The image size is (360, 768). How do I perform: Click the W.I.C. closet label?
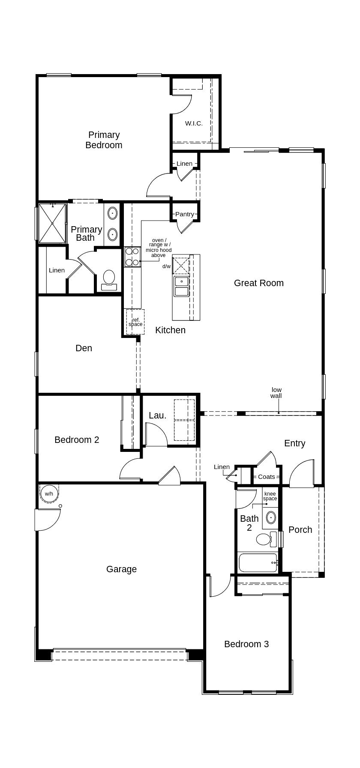[194, 123]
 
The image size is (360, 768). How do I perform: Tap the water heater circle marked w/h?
[49, 494]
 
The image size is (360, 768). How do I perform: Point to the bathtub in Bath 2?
[258, 562]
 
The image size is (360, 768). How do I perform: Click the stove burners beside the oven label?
[132, 257]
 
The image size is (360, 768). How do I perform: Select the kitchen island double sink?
[181, 286]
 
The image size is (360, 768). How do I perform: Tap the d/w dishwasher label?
[166, 266]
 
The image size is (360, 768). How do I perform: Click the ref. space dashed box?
[135, 322]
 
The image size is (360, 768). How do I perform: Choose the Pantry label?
[184, 214]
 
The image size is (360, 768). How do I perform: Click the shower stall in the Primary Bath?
[52, 223]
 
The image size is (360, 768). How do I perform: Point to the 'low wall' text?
[276, 393]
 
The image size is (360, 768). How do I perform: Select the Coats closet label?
[266, 477]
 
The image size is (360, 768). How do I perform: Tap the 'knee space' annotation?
[270, 496]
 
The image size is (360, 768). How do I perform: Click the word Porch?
[300, 530]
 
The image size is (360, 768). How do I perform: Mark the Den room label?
[84, 348]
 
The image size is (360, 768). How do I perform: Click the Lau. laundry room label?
[157, 415]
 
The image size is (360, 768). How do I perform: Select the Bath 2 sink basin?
[271, 517]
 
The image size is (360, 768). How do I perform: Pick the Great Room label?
[258, 283]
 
